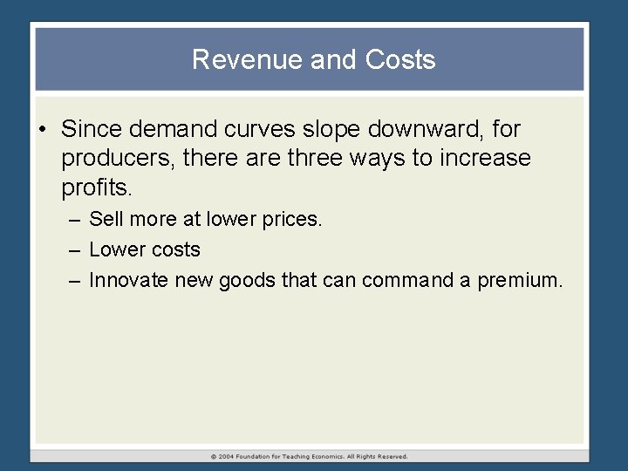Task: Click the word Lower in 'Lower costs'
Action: click(x=114, y=249)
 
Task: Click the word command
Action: click(x=408, y=280)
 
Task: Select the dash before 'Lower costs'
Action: click(x=74, y=250)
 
